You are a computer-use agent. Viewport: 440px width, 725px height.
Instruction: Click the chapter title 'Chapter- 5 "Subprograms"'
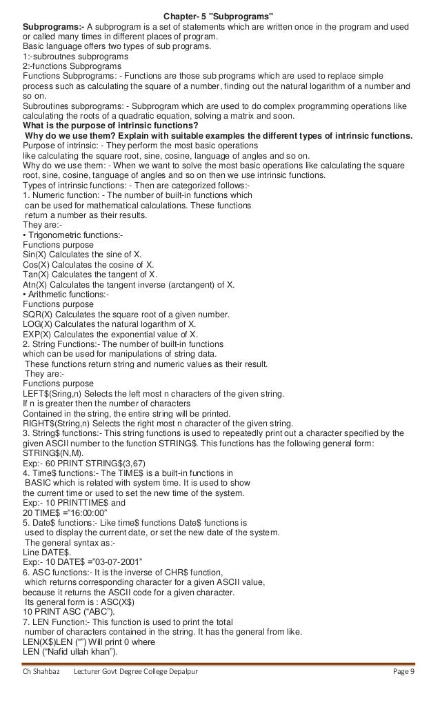point(219,17)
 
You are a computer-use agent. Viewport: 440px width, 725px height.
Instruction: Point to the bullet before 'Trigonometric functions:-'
point(25,236)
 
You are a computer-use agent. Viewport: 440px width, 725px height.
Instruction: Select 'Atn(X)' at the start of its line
point(37,284)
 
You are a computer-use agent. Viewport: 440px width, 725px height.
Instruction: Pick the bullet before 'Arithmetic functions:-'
point(25,295)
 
